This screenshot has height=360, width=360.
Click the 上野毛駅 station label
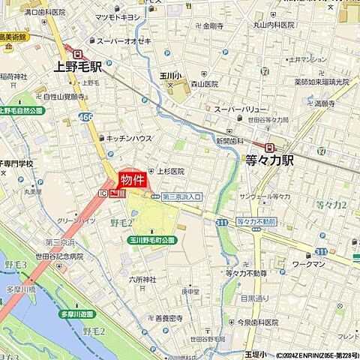point(82,66)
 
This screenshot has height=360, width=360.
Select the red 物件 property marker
point(132,179)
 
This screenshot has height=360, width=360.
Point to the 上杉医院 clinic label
point(170,172)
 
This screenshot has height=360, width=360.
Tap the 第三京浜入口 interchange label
point(182,196)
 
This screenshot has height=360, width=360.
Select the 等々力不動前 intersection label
point(256,222)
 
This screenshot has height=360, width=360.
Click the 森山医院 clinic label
point(202,85)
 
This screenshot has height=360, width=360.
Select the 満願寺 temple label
point(325,103)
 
